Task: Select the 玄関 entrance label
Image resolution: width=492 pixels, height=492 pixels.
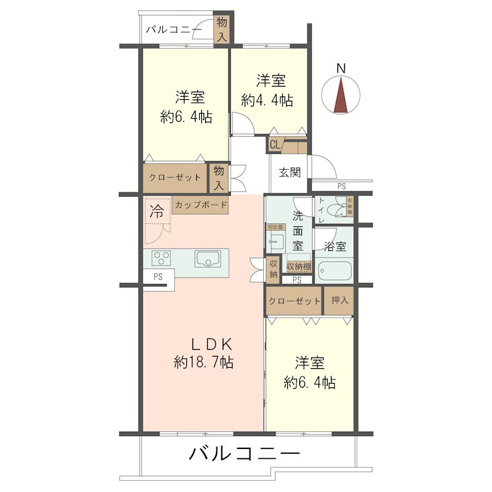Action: (x=290, y=172)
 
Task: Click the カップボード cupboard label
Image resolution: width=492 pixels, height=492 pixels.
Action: (x=200, y=205)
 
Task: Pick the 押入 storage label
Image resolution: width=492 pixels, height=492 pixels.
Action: (x=339, y=301)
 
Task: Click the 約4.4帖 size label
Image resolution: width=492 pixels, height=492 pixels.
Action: (x=267, y=100)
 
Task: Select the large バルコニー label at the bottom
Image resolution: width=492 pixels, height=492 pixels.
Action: (x=244, y=455)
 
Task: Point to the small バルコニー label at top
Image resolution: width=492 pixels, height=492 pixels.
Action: (x=178, y=28)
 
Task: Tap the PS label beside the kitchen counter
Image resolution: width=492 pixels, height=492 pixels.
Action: (x=158, y=277)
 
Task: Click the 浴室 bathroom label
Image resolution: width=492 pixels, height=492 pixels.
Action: (x=335, y=246)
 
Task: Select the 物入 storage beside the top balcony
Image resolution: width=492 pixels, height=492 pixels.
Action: (x=221, y=29)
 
